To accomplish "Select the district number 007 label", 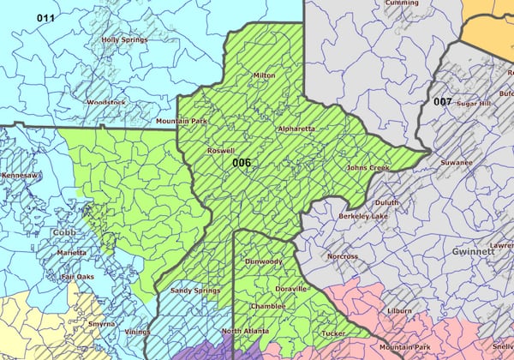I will click(x=442, y=102).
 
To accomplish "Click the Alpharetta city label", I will click(x=296, y=129).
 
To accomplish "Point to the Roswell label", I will click(x=221, y=150).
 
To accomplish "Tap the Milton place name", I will click(x=264, y=75).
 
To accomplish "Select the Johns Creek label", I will click(x=368, y=168).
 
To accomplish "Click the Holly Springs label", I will click(x=123, y=39).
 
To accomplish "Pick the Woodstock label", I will click(x=106, y=102).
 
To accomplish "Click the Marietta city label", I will click(x=72, y=253).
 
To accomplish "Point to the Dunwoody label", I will click(x=264, y=261).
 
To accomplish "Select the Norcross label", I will click(x=343, y=256).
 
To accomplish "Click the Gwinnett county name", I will click(x=475, y=253).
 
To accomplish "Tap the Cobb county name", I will click(x=63, y=232).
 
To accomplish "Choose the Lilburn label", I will click(x=398, y=309).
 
